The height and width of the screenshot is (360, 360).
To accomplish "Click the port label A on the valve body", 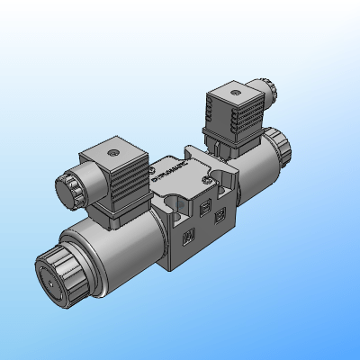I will pos(188,238).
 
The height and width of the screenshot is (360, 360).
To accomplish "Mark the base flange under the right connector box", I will pos(225,145).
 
